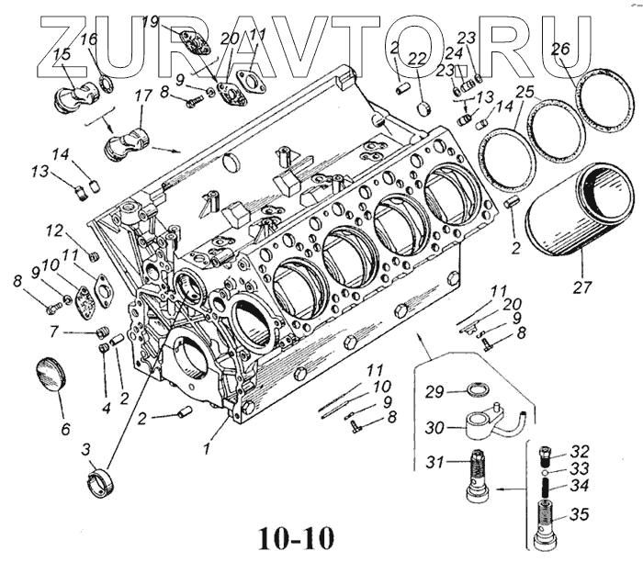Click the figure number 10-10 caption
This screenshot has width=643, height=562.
(296, 537)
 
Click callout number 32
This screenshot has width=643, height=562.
(579, 452)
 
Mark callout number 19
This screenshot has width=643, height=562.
(151, 21)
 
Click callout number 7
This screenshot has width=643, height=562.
(54, 331)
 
